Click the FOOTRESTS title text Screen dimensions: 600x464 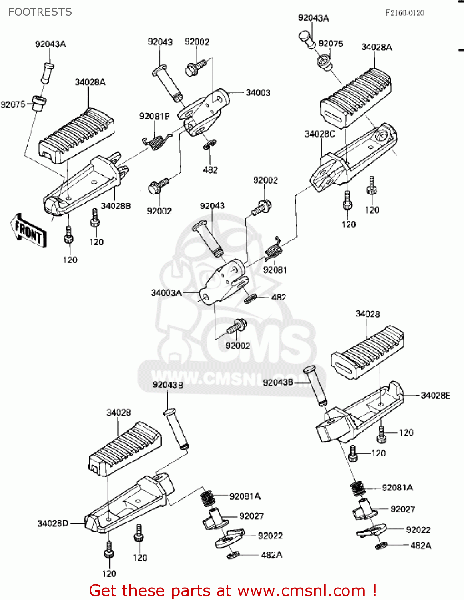[40, 12]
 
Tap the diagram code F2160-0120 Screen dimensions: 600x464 [404, 13]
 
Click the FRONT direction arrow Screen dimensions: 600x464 [28, 231]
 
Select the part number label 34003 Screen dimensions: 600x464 [258, 93]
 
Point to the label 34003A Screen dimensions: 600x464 [166, 293]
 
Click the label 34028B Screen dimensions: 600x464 [116, 206]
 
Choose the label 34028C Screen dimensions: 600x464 [319, 134]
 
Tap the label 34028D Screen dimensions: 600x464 [53, 524]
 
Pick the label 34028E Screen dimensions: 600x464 [435, 396]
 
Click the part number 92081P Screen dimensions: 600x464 [154, 116]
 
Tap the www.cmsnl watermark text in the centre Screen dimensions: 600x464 [208, 378]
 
